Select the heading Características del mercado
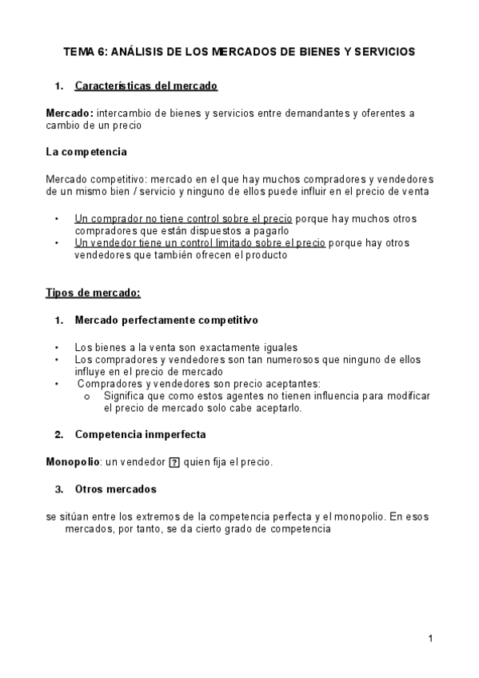(146, 86)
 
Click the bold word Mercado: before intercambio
(70, 114)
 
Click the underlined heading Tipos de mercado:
(93, 292)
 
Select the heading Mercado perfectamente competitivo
(166, 321)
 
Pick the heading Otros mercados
(115, 489)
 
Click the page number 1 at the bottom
(430, 638)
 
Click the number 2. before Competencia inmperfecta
(58, 435)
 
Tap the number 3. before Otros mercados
(58, 489)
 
